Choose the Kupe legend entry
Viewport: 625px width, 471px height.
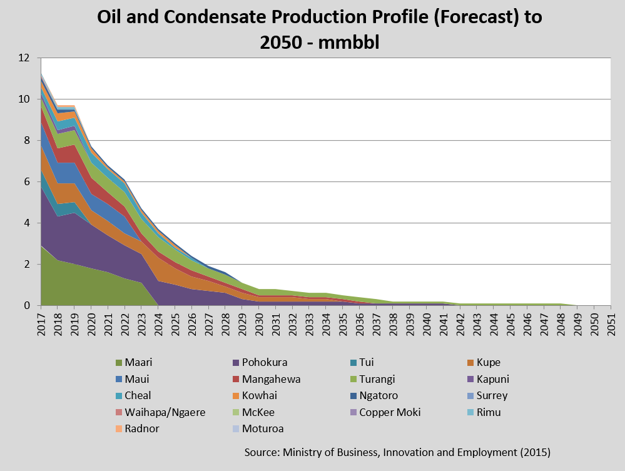[487, 362]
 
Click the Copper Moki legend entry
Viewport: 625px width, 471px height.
[390, 412]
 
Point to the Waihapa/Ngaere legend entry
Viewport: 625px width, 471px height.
[165, 412]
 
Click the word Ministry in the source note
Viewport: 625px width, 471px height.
[302, 452]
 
